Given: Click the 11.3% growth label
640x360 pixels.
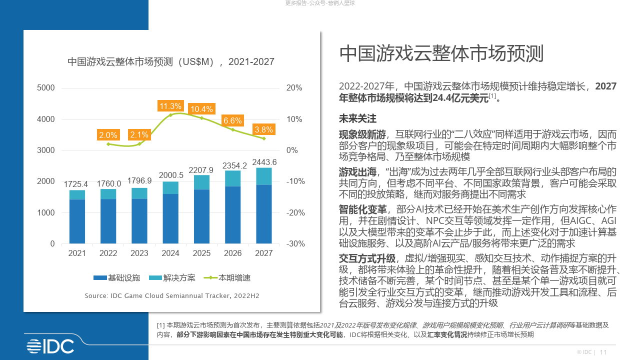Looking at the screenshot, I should pyautogui.click(x=170, y=106).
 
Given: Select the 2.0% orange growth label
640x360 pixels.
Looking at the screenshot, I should pyautogui.click(x=108, y=135).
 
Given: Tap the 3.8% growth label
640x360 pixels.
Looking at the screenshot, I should pyautogui.click(x=263, y=130).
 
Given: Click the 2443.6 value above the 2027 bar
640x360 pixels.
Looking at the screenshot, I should pyautogui.click(x=264, y=162).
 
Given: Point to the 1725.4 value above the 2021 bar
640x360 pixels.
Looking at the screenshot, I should pyautogui.click(x=77, y=184).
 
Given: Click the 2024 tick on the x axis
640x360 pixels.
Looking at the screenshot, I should pyautogui.click(x=170, y=253).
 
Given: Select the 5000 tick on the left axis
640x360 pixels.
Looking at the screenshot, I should pyautogui.click(x=46, y=88).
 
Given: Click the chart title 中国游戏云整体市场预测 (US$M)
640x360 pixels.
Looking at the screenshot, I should pyautogui.click(x=170, y=62).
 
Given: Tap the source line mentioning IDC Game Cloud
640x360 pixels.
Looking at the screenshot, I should pyautogui.click(x=171, y=296).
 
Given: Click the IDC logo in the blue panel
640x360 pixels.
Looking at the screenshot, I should pyautogui.click(x=50, y=345).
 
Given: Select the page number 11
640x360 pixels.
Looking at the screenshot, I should pyautogui.click(x=603, y=352).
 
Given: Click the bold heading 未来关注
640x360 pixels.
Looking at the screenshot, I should pyautogui.click(x=357, y=119).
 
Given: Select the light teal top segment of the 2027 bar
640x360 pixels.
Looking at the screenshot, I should pyautogui.click(x=263, y=176).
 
